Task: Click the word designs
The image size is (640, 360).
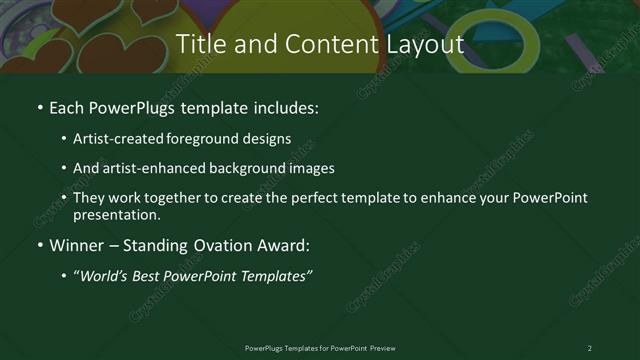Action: click(x=267, y=139)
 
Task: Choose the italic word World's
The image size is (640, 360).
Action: click(x=105, y=276)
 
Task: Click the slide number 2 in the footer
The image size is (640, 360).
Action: click(x=589, y=348)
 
